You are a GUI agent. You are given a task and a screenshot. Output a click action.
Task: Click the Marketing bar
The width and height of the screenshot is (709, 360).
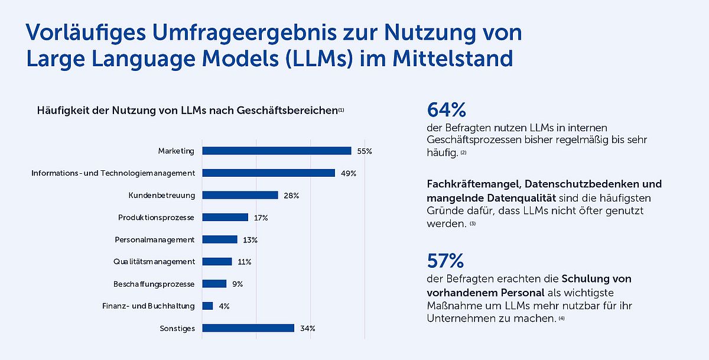[x=277, y=151]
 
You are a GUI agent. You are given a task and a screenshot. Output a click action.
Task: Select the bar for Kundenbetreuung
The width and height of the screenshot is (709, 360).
[x=240, y=195]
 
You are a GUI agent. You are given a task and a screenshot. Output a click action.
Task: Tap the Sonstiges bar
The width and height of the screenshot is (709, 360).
[x=248, y=328]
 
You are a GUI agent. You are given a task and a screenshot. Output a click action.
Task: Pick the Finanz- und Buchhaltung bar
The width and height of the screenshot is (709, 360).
[x=207, y=306]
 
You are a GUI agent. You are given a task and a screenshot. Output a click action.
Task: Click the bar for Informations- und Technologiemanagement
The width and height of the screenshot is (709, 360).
[x=269, y=173]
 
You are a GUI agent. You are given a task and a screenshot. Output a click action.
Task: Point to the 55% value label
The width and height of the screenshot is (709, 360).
[x=365, y=151]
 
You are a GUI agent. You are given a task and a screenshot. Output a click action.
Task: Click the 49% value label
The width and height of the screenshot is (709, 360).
[x=349, y=173]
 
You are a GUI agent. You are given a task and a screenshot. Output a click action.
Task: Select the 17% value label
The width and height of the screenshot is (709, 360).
[x=261, y=218]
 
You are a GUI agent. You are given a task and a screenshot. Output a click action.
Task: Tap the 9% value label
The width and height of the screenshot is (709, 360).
[x=238, y=284]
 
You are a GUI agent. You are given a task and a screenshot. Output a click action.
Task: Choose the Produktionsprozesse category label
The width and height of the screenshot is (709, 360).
[x=156, y=218]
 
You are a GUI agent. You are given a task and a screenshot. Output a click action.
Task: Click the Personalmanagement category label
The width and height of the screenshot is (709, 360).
[x=154, y=239]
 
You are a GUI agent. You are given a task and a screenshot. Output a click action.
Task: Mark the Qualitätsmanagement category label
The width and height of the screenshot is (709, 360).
[x=154, y=261]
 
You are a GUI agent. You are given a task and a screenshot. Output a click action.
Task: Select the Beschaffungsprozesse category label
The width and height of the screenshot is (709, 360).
[x=154, y=284]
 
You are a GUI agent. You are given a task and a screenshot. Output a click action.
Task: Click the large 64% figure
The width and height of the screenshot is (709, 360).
[x=446, y=110]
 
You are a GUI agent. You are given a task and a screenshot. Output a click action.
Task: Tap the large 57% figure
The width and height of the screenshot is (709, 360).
[x=445, y=261]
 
